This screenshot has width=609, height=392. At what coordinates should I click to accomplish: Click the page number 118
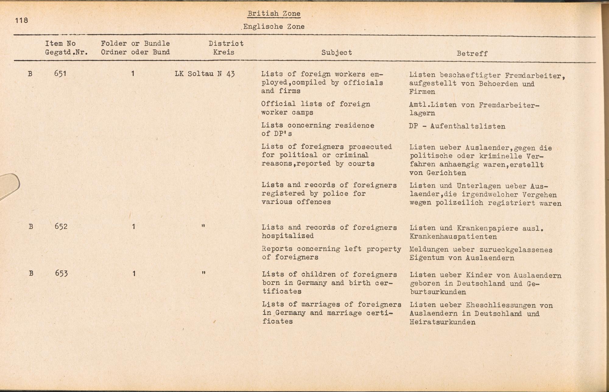coord(21,20)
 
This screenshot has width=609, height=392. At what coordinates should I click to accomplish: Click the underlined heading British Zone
coord(274,13)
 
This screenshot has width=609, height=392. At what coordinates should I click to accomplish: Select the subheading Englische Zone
coord(274,26)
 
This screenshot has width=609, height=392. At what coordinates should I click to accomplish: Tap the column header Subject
coord(336,53)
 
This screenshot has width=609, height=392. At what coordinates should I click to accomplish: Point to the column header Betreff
coord(472,54)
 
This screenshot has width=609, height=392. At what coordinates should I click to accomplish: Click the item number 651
coord(60,74)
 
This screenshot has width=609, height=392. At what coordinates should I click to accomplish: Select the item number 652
coord(61,227)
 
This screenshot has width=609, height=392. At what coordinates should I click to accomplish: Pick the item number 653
coord(61,273)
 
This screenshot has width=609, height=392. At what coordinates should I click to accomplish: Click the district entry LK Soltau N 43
coord(205,74)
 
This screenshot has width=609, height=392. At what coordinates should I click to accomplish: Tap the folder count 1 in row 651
coord(133,74)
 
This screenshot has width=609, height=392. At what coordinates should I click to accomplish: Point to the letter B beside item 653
coord(31,273)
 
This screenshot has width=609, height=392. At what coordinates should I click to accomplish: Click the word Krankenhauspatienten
coord(453,237)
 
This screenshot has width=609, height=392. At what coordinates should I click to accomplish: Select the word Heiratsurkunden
coord(442,322)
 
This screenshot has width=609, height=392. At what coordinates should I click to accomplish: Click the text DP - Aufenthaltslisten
coord(457,126)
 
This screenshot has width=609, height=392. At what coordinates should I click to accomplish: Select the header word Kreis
coord(224,52)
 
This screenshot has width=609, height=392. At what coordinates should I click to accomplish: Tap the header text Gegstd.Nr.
coord(66,52)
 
